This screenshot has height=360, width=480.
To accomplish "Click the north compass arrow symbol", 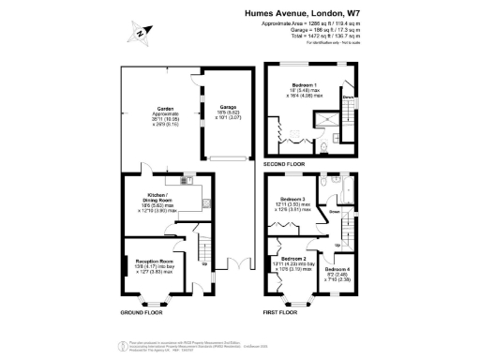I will (139, 33).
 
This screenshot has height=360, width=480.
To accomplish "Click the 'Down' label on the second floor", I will (346, 97).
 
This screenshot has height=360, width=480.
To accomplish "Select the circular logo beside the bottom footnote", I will (121, 348).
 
